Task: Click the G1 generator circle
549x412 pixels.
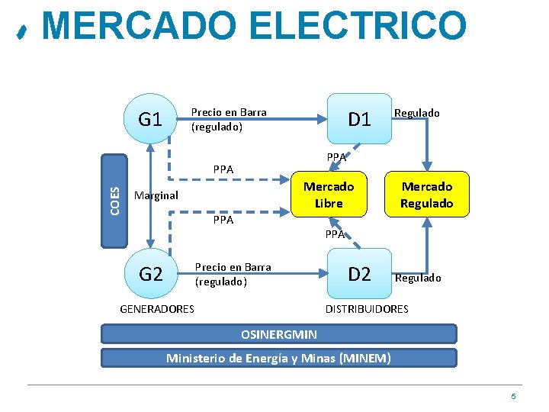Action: click(150, 119)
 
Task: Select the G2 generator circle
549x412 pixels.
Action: click(150, 273)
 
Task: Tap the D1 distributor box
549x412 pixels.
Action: click(358, 119)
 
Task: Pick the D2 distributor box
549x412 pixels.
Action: click(358, 273)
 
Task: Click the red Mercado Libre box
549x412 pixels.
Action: click(329, 195)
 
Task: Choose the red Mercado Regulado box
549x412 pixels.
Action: click(427, 195)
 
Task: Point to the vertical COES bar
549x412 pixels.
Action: click(114, 201)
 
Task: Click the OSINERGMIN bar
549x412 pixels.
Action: click(279, 334)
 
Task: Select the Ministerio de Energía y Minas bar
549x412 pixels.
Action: click(279, 358)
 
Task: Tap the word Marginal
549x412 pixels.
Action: click(156, 195)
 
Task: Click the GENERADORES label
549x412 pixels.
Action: click(157, 309)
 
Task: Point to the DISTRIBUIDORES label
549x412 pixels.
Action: click(367, 309)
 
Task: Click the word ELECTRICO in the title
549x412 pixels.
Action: click(358, 26)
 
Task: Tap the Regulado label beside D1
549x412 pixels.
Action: click(416, 113)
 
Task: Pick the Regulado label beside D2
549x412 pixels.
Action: click(417, 278)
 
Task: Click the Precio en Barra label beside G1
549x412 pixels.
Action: click(229, 120)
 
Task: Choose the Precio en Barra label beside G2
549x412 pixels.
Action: click(233, 275)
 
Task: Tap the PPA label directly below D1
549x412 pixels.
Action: click(336, 158)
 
